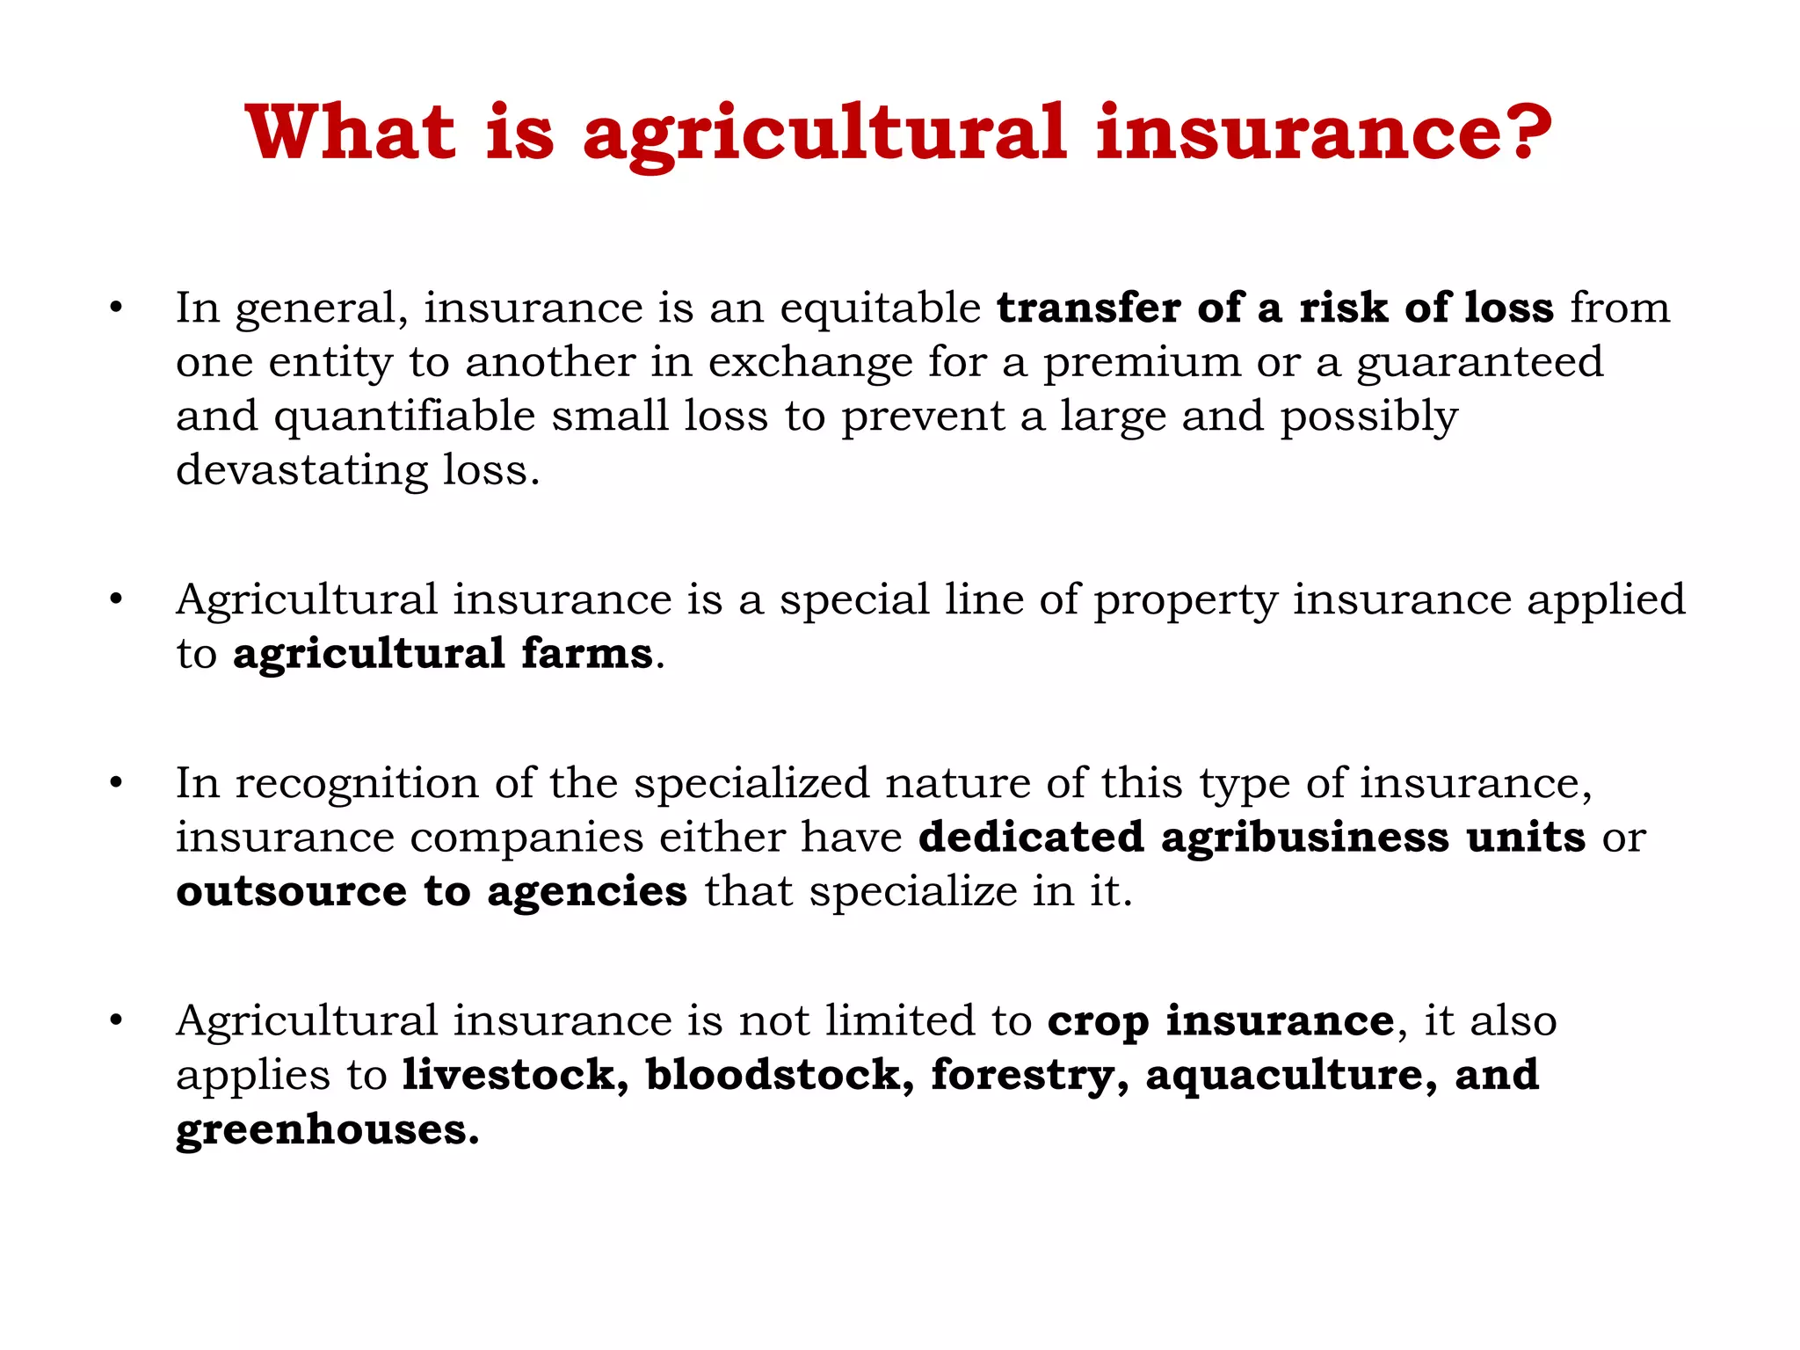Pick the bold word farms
point(586,654)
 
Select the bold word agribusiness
point(1304,837)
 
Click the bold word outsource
point(291,891)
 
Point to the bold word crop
point(1098,1021)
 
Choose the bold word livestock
point(515,1075)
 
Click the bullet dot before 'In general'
point(115,308)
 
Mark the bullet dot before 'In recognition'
point(115,782)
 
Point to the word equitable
point(880,308)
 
